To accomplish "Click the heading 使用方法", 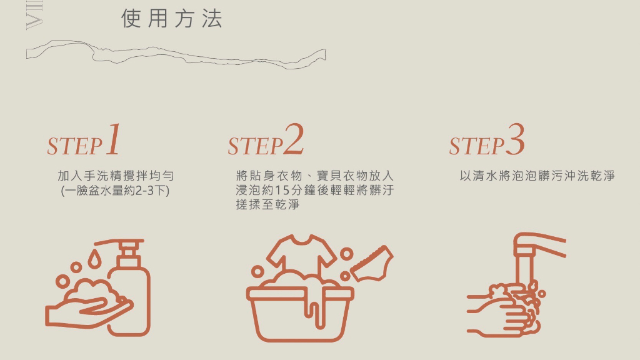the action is pyautogui.click(x=172, y=19).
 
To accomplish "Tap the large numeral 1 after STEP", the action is pyautogui.click(x=114, y=139).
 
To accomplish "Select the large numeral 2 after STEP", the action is pyautogui.click(x=294, y=139).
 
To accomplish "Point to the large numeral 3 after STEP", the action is pyautogui.click(x=515, y=139).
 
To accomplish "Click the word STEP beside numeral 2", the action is pyautogui.click(x=256, y=146).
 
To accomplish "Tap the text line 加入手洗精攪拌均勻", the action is pyautogui.click(x=116, y=176).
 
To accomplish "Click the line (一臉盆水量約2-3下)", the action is pyautogui.click(x=115, y=191).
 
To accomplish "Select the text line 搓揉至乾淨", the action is pyautogui.click(x=267, y=204).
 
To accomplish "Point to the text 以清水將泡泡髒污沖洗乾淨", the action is pyautogui.click(x=537, y=176).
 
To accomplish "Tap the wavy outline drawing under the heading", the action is pyautogui.click(x=176, y=54).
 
